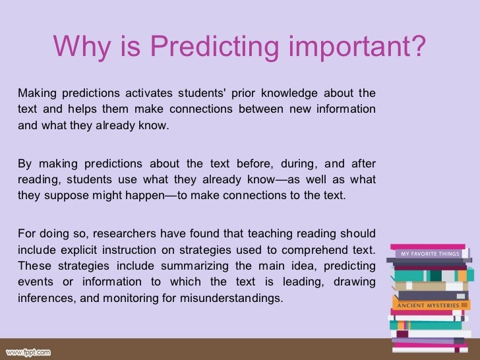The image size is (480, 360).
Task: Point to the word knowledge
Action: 289,92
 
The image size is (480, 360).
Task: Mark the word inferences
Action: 44,298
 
